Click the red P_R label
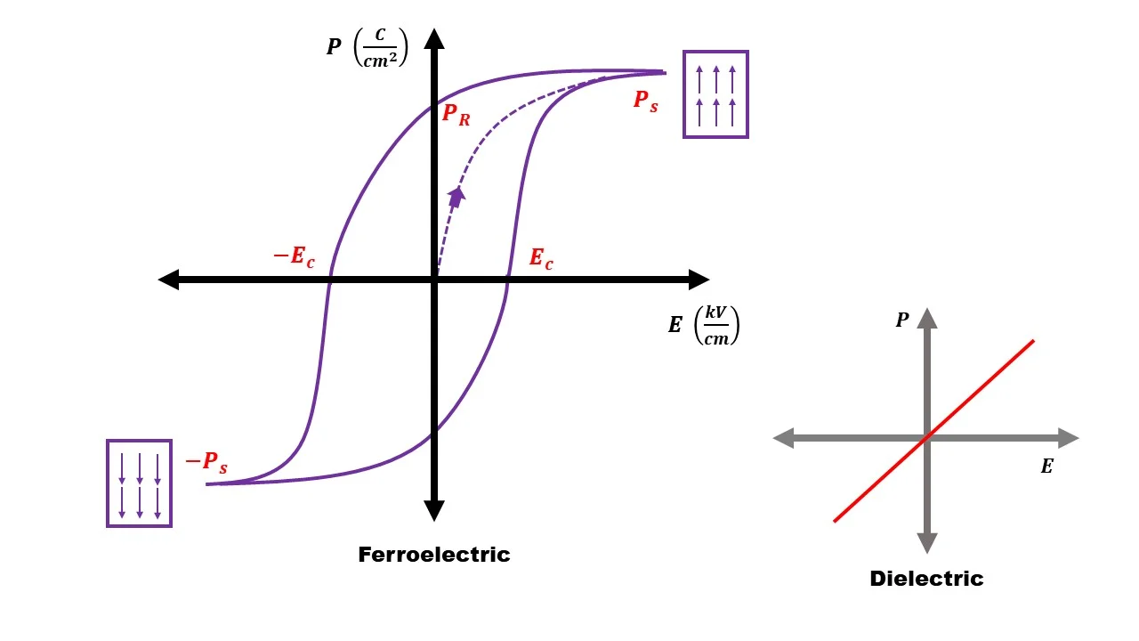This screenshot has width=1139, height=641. pos(456,115)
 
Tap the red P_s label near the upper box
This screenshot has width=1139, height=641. pos(646,101)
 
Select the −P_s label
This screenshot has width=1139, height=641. pos(206,462)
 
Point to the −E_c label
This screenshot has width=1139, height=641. pos(294,258)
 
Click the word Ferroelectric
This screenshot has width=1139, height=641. pos(434,555)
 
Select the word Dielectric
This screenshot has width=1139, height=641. pos(926,579)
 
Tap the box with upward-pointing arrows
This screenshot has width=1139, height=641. pos(715,94)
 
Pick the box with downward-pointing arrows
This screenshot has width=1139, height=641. pos(139,483)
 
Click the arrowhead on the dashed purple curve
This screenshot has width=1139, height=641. pos(456,197)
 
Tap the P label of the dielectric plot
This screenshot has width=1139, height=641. pos(902,320)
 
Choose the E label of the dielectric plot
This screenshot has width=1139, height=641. pos(1046,467)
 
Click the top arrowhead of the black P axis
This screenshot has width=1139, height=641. pos(434,38)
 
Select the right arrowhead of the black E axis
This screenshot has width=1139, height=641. pos(699,280)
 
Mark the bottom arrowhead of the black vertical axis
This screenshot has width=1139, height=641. pos(434,510)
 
